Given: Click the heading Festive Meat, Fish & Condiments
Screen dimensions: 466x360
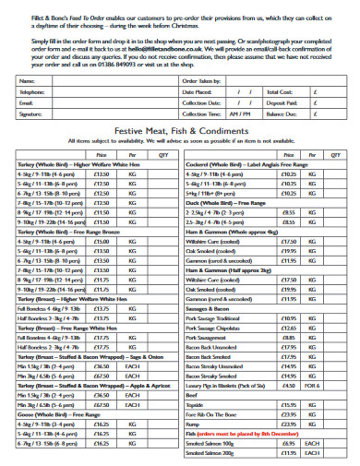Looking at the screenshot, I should coord(180,132).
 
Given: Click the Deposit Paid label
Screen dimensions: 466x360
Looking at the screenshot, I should coord(281,103).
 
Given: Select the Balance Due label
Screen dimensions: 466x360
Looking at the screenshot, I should coord(281,114).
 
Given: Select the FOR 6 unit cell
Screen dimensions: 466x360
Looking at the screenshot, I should coord(316,386).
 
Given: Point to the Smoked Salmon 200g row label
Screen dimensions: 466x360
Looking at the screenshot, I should coord(209,453).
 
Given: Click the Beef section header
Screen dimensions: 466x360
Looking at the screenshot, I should coord(192,395).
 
